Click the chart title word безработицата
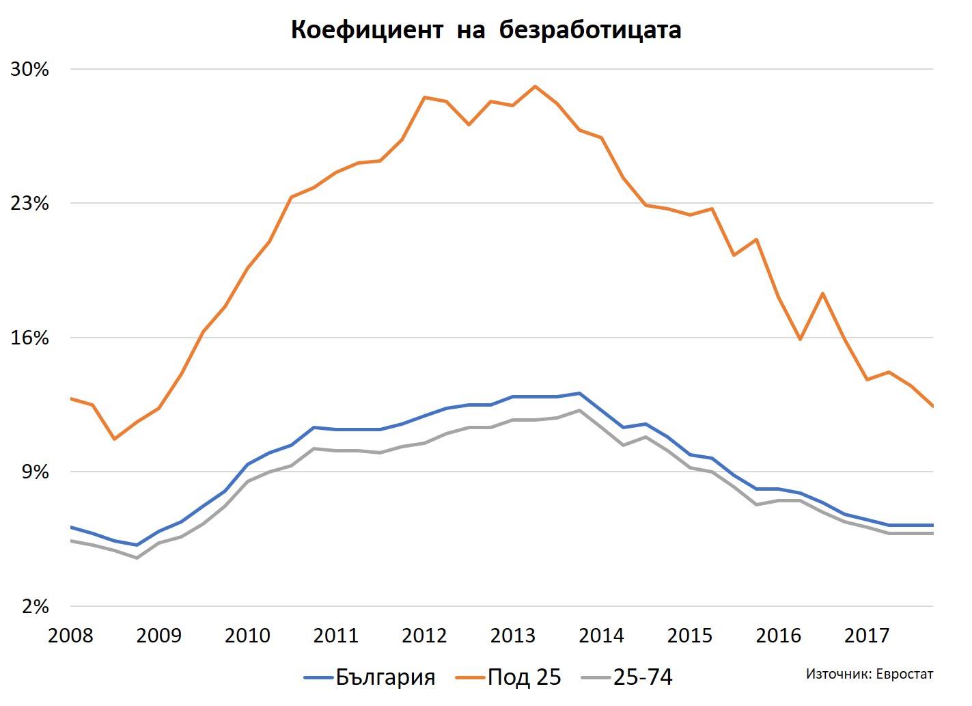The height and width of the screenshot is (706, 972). [x=590, y=31]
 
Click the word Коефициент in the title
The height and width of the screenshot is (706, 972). [x=367, y=31]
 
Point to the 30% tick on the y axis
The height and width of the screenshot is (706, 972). [x=29, y=70]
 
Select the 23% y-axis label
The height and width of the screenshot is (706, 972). [x=29, y=204]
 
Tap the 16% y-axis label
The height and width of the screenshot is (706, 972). [x=29, y=338]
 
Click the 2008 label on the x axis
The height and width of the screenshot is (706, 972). [x=71, y=636]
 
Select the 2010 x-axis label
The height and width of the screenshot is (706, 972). [x=248, y=636]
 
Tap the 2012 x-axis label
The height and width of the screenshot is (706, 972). [x=425, y=636]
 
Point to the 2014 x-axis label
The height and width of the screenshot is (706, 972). [x=602, y=636]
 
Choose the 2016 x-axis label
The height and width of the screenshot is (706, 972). [x=779, y=636]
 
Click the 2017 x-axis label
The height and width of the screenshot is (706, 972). [x=867, y=636]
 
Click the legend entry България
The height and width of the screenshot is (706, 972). [x=385, y=677]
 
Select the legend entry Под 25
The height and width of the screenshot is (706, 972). [x=524, y=677]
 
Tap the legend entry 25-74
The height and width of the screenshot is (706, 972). [x=642, y=677]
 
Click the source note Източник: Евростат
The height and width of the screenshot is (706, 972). [x=869, y=674]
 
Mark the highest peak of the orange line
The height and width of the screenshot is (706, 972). [x=535, y=86]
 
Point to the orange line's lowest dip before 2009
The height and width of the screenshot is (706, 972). [x=115, y=439]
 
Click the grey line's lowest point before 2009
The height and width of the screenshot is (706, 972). [x=137, y=558]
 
